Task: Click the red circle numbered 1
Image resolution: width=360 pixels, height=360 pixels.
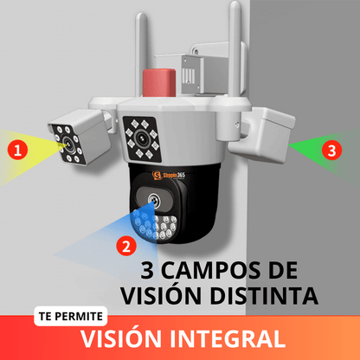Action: click(x=18, y=150)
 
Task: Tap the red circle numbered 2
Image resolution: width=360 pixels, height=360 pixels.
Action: click(x=126, y=246)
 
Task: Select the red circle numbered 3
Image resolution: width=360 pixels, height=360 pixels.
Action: click(x=331, y=150)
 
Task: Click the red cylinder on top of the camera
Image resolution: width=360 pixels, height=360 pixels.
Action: click(x=159, y=82)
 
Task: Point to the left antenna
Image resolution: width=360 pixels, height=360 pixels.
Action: click(x=141, y=55)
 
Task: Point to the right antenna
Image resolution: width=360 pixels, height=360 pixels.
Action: click(x=235, y=49)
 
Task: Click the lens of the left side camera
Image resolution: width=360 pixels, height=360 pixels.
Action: click(x=68, y=143)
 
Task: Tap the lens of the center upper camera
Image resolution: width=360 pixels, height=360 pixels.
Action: click(x=141, y=138)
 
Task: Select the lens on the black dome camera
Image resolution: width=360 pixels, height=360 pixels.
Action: click(x=154, y=200)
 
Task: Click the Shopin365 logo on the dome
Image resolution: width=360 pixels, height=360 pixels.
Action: click(x=169, y=175)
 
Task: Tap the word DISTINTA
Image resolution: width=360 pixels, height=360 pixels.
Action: click(x=264, y=296)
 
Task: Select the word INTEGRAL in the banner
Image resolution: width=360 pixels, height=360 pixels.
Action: click(x=228, y=338)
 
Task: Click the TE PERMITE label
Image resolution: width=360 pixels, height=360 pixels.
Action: click(x=71, y=316)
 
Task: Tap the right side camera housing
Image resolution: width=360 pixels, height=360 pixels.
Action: click(x=262, y=134)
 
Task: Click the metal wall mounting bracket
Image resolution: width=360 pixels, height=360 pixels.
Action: click(x=199, y=72)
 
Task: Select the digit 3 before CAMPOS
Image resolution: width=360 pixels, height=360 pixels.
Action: click(x=147, y=270)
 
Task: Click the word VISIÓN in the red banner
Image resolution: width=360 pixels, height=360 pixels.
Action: click(x=121, y=337)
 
